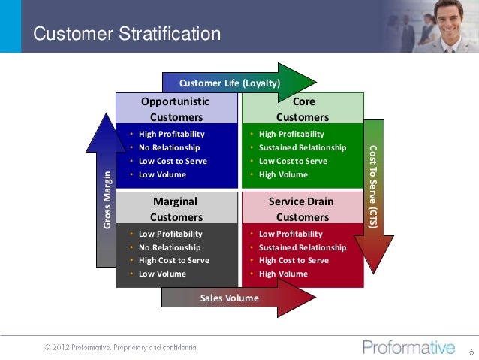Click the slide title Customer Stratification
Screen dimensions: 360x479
[128, 34]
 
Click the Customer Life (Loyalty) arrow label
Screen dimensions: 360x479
[229, 83]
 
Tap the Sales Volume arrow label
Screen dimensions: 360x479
[229, 298]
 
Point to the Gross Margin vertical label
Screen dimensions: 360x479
[107, 200]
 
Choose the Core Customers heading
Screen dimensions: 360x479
[303, 109]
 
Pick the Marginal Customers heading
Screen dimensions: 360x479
[176, 209]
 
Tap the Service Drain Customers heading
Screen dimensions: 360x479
[302, 209]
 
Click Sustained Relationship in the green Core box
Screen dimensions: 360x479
[303, 147]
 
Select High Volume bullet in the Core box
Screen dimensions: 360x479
[283, 174]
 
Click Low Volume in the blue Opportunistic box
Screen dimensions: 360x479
[162, 174]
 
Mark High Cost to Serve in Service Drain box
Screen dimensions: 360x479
[294, 260]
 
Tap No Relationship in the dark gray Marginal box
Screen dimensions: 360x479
[170, 247]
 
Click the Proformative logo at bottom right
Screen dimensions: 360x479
[408, 347]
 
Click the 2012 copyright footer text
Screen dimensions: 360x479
[120, 347]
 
